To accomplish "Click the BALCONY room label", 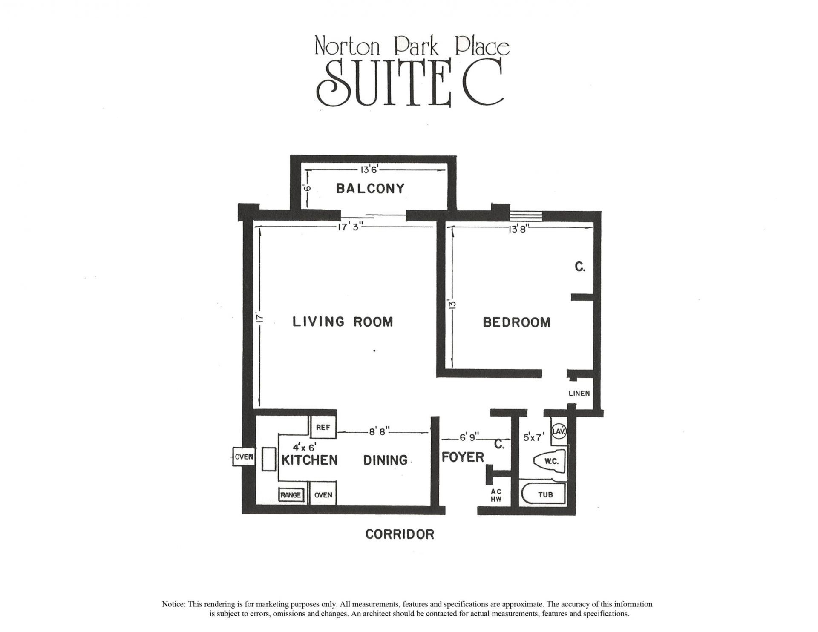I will tap(370, 188).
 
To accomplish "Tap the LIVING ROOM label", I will tap(343, 322).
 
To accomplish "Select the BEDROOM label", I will tap(516, 322).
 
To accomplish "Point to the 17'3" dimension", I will tap(350, 227).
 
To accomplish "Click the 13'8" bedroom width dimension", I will tap(518, 229).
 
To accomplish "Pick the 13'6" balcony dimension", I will tap(366, 170).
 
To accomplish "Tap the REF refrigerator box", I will tap(323, 427).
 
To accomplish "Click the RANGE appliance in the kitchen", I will tap(291, 495).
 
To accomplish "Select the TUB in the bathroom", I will tap(545, 494).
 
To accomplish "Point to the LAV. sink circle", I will tap(558, 431).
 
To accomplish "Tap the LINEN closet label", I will tap(579, 393).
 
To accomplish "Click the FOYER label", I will tap(463, 457).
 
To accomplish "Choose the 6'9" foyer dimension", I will tap(469, 437).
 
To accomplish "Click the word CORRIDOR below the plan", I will tap(400, 534).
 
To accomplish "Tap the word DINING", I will tap(385, 460).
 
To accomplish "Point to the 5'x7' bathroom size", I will tap(534, 437).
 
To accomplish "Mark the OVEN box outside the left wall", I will tap(244, 457).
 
